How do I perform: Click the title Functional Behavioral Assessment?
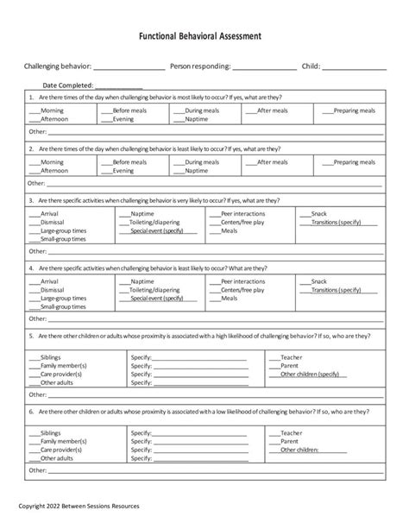coord(204,39)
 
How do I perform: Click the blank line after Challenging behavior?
coord(129,67)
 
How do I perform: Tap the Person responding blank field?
coord(263,67)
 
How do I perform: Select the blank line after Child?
coord(354,67)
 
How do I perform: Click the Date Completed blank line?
coord(118,85)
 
